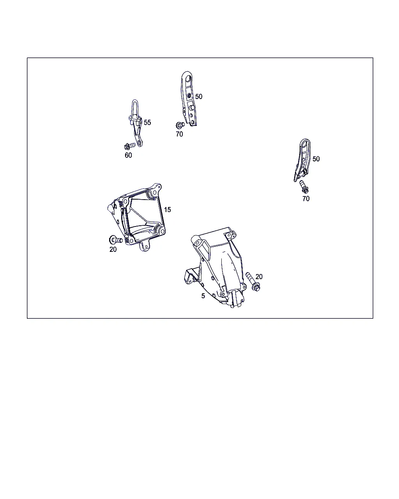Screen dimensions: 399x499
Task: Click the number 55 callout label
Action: pyautogui.click(x=147, y=122)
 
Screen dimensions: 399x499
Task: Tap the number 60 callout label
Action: pyautogui.click(x=128, y=155)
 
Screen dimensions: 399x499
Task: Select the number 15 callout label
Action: pyautogui.click(x=168, y=210)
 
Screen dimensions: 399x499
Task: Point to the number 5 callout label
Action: pyautogui.click(x=203, y=296)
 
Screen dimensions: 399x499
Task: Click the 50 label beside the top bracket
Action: pyautogui.click(x=199, y=96)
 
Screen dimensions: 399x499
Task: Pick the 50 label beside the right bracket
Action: pyautogui.click(x=316, y=159)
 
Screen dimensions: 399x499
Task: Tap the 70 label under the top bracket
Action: pyautogui.click(x=179, y=134)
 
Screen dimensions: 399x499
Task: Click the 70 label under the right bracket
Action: pyautogui.click(x=306, y=198)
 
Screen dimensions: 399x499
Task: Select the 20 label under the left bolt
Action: pyautogui.click(x=113, y=249)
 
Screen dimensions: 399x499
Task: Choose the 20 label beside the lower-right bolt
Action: pyautogui.click(x=259, y=276)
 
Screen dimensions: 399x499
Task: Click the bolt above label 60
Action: pyautogui.click(x=130, y=146)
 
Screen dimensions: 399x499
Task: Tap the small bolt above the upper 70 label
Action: pyautogui.click(x=180, y=125)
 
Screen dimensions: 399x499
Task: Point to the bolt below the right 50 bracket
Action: pyautogui.click(x=304, y=187)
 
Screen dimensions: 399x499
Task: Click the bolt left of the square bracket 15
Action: pyautogui.click(x=115, y=240)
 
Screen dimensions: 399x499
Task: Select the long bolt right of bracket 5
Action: pyautogui.click(x=253, y=282)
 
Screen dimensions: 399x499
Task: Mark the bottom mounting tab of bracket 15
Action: pyautogui.click(x=145, y=247)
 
